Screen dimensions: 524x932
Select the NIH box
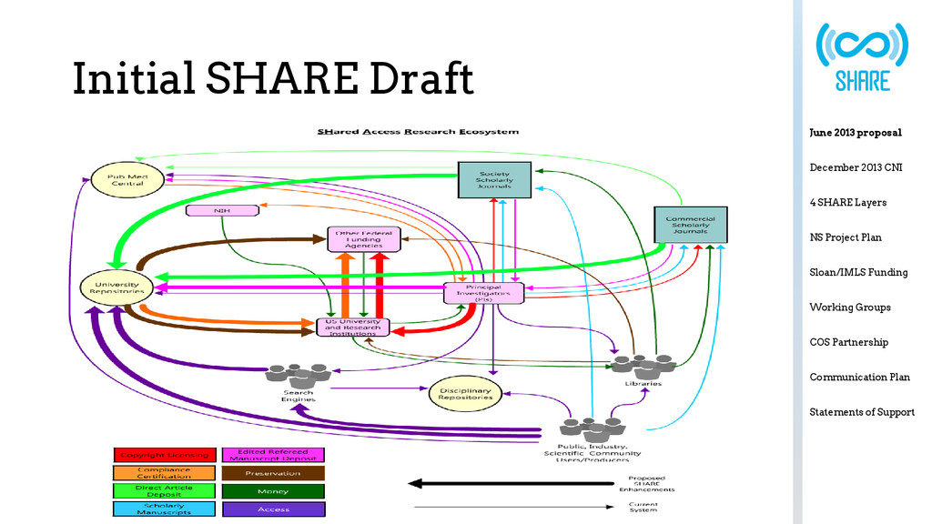[x=221, y=211]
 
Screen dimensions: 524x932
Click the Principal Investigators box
[x=483, y=293]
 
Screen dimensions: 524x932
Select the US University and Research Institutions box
[x=352, y=327]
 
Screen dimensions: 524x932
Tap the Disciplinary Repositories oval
[x=465, y=393]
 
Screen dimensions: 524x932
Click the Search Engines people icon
[x=297, y=374]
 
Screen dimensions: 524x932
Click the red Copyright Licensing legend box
[x=163, y=454]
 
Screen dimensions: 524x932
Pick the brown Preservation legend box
[x=273, y=473]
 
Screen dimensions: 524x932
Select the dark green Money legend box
[x=273, y=491]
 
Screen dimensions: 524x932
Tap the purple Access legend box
[x=273, y=509]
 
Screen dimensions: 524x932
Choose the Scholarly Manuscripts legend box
[x=163, y=509]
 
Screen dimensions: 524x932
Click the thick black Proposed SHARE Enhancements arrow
[x=510, y=483]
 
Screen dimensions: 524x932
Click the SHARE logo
[x=861, y=56]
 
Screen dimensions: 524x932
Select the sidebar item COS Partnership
[x=848, y=342]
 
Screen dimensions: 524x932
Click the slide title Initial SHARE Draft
[x=273, y=79]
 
